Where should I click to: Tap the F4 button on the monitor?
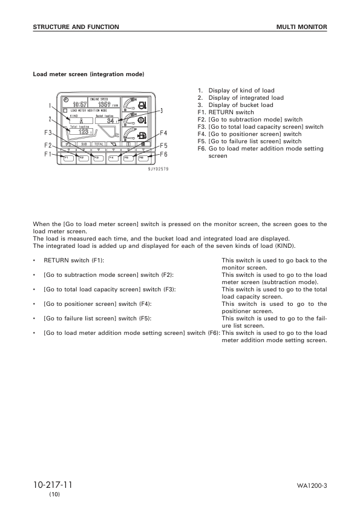point(112,158)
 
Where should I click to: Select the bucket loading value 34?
point(110,120)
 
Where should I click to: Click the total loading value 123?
point(82,131)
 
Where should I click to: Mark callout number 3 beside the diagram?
point(162,111)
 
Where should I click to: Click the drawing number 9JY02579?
point(158,169)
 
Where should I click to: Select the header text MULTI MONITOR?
point(301,27)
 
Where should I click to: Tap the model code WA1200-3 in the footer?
point(312,486)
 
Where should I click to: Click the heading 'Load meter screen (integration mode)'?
point(88,74)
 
